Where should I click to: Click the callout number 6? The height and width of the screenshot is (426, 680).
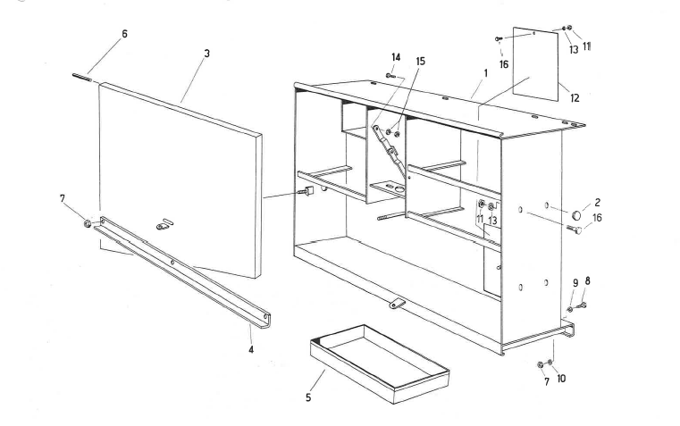pos(124,33)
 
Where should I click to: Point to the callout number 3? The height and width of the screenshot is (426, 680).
pos(206,53)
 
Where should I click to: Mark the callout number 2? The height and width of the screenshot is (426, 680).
pos(597,204)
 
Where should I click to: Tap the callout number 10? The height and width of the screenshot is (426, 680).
pos(562,379)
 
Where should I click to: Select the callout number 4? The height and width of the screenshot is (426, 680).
pos(251,351)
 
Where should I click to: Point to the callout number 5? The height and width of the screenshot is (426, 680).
pos(309,398)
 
